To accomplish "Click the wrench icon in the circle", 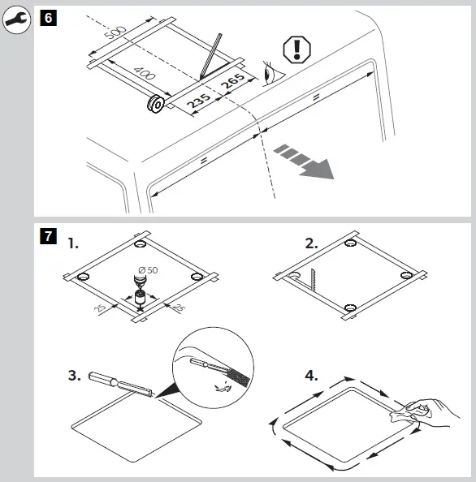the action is click(16, 19).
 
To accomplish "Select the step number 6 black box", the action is click(48, 18).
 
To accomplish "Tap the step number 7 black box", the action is click(48, 236).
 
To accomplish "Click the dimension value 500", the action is click(115, 32).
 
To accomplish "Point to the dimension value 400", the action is click(145, 74).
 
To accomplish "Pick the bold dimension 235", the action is click(199, 101).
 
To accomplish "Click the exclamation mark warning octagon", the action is click(296, 49).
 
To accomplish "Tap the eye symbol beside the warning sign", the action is click(272, 74).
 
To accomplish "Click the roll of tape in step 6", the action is click(156, 104).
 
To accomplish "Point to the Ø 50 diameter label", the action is click(148, 270).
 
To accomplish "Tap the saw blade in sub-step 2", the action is click(314, 280).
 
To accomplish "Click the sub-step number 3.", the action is click(74, 376).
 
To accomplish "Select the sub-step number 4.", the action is click(311, 376).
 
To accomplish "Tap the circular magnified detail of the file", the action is click(214, 368).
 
